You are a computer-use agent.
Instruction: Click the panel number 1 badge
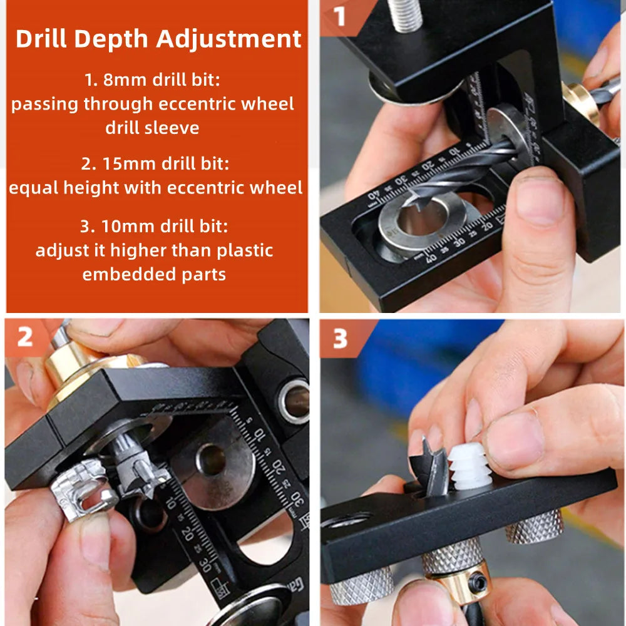(340, 17)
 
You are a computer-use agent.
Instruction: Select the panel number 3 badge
(340, 339)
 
